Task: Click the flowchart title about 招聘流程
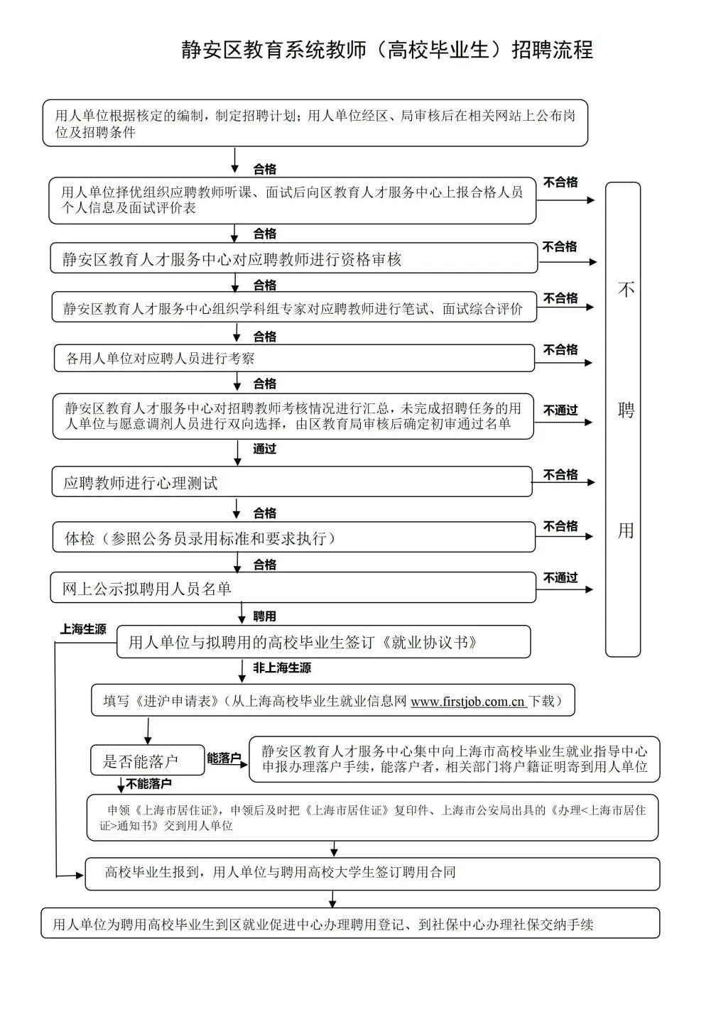point(387,50)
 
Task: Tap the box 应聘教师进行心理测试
point(291,483)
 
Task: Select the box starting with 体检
point(294,538)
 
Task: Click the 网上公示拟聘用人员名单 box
point(293,589)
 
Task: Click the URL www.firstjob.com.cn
point(467,702)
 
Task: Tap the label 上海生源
point(83,629)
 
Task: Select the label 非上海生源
point(282,668)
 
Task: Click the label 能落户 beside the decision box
point(224,758)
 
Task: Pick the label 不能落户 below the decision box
point(149,784)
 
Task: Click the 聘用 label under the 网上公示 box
point(264,616)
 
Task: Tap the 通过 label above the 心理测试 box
point(264,449)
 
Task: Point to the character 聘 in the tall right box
point(625,410)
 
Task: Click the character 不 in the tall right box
point(625,290)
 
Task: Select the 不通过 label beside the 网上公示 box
point(560,577)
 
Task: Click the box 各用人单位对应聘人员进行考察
point(294,359)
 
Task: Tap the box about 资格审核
point(294,259)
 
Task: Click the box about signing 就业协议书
point(323,643)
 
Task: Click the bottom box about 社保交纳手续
point(350,924)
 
